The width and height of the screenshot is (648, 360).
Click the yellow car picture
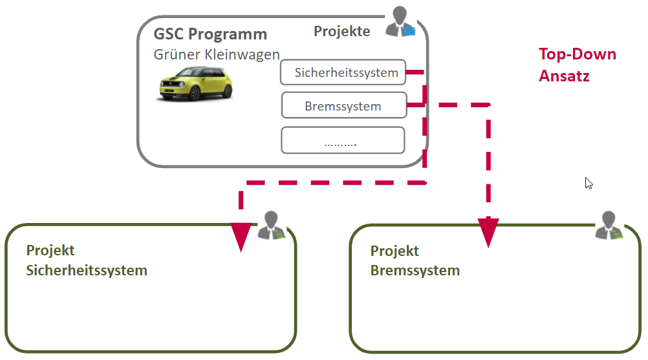click(x=195, y=84)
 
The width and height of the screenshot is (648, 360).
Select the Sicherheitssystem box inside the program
click(x=343, y=72)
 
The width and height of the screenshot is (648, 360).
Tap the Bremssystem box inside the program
click(x=343, y=106)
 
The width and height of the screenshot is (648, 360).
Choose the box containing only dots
click(x=343, y=141)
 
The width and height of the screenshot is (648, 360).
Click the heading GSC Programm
click(x=210, y=34)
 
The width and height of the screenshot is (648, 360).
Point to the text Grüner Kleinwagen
click(x=217, y=54)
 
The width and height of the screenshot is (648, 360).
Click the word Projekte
click(x=342, y=31)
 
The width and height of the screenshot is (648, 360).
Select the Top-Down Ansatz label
click(x=578, y=65)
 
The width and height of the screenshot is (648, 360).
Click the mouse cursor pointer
click(x=589, y=183)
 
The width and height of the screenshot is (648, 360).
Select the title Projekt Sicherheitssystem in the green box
click(x=87, y=260)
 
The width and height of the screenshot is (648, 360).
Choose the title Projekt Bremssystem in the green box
click(x=415, y=260)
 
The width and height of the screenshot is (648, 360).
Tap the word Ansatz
click(x=564, y=76)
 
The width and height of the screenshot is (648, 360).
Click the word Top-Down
click(x=578, y=54)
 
